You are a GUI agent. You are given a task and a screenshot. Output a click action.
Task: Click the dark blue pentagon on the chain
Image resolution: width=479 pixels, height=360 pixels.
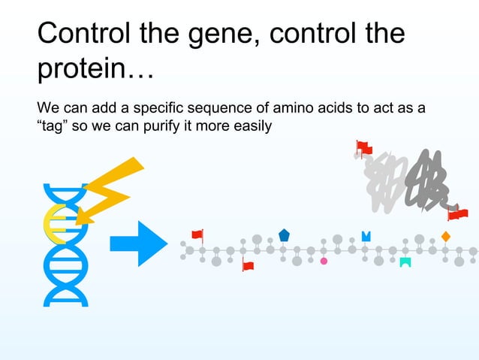click(x=284, y=235)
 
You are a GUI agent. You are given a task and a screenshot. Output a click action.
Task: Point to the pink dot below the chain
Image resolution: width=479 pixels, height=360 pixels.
click(x=324, y=261)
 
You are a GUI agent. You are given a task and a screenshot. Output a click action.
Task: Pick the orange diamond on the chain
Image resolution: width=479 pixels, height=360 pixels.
click(x=445, y=237)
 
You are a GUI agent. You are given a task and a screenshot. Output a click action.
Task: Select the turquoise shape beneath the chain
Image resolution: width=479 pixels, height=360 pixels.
click(x=405, y=262)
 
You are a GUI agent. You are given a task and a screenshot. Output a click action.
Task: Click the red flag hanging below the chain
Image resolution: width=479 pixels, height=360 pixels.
click(x=248, y=265)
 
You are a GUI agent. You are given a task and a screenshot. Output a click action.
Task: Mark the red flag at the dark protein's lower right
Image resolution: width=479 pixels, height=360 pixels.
click(x=457, y=214)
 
